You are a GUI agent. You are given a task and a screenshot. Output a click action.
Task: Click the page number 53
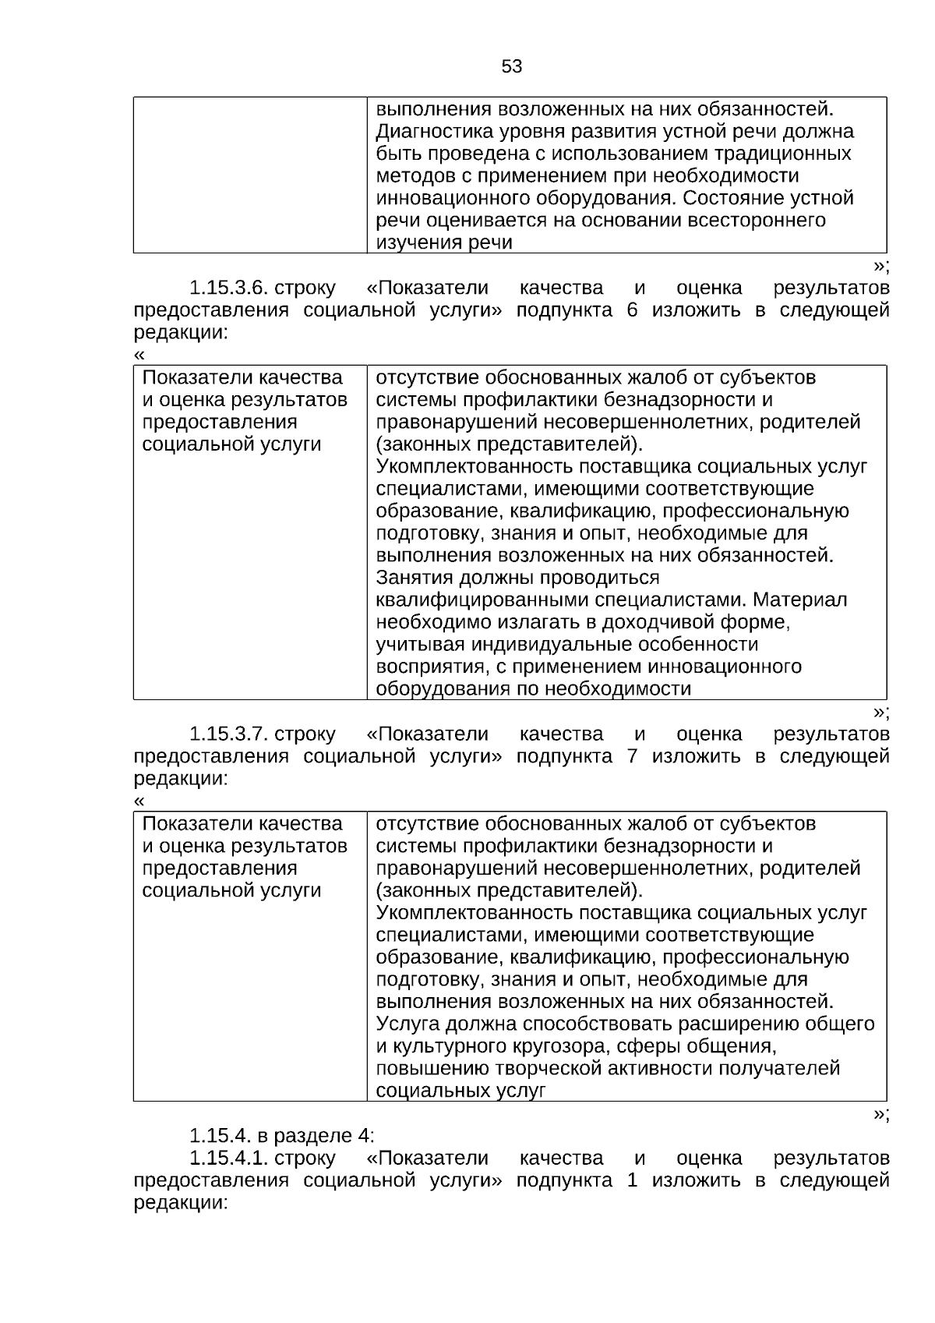pyautogui.click(x=512, y=67)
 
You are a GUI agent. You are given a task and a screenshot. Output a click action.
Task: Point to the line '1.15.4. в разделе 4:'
pyautogui.click(x=282, y=1135)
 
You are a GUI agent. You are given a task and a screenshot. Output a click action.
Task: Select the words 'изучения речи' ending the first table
pyautogui.click(x=444, y=242)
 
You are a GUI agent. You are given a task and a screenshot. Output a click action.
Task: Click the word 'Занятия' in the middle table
pyautogui.click(x=411, y=578)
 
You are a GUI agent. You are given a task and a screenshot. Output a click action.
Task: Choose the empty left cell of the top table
pyautogui.click(x=249, y=175)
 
